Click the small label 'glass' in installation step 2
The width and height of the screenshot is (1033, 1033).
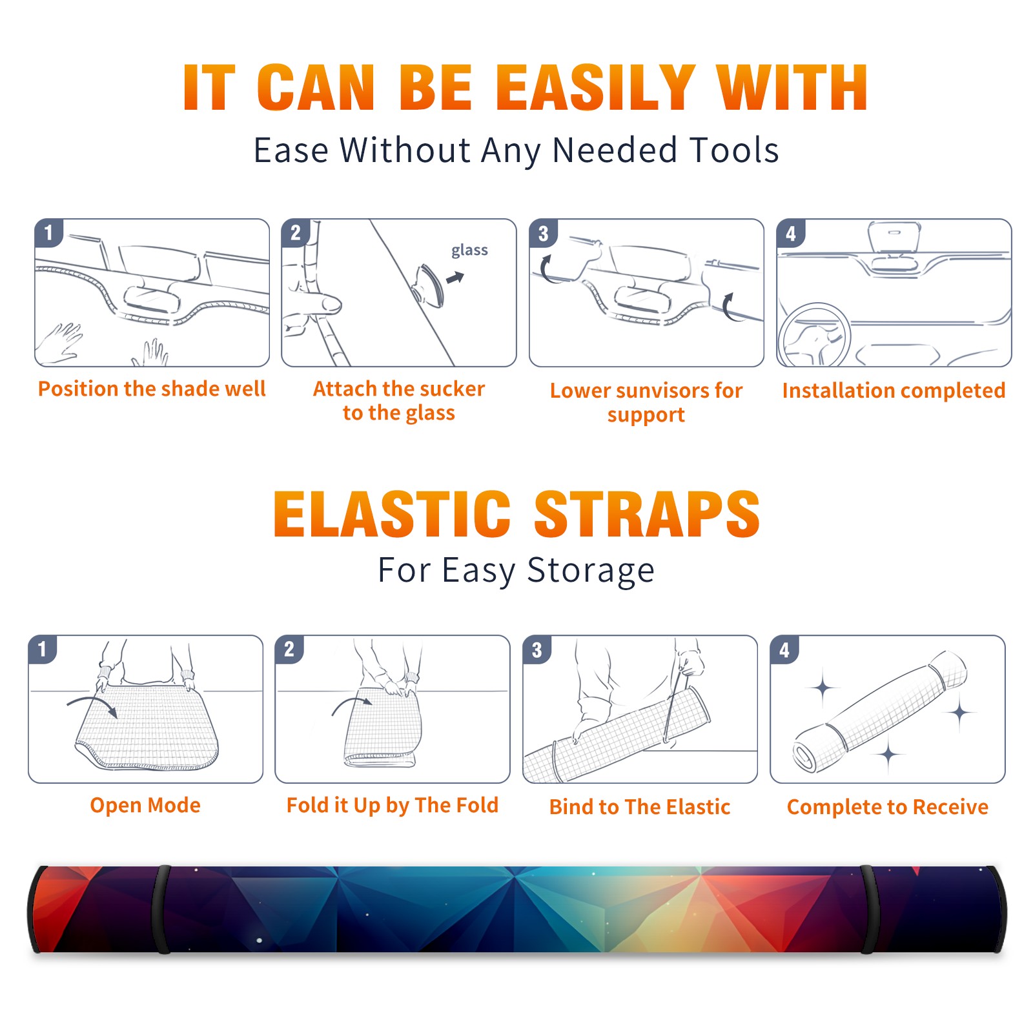pyautogui.click(x=469, y=251)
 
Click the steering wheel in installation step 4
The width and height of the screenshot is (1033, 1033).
pyautogui.click(x=814, y=336)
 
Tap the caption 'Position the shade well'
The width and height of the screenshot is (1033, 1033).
pyautogui.click(x=152, y=389)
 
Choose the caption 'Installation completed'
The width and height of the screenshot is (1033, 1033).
pyautogui.click(x=894, y=391)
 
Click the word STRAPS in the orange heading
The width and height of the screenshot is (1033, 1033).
pyautogui.click(x=647, y=514)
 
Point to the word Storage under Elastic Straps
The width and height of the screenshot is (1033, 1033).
pyautogui.click(x=591, y=571)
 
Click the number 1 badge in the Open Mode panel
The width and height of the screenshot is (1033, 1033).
pyautogui.click(x=43, y=649)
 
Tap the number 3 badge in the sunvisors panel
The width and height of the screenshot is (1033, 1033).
pyautogui.click(x=543, y=233)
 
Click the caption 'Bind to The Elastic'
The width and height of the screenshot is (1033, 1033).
pyautogui.click(x=639, y=807)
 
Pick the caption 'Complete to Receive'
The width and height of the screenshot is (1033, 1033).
pyautogui.click(x=888, y=807)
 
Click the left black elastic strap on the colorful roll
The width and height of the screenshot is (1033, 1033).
pyautogui.click(x=162, y=910)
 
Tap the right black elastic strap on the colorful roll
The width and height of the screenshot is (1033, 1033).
pyautogui.click(x=868, y=910)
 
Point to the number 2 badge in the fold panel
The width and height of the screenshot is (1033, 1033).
pyautogui.click(x=289, y=649)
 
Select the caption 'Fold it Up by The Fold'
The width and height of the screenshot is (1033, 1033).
pyautogui.click(x=393, y=806)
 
